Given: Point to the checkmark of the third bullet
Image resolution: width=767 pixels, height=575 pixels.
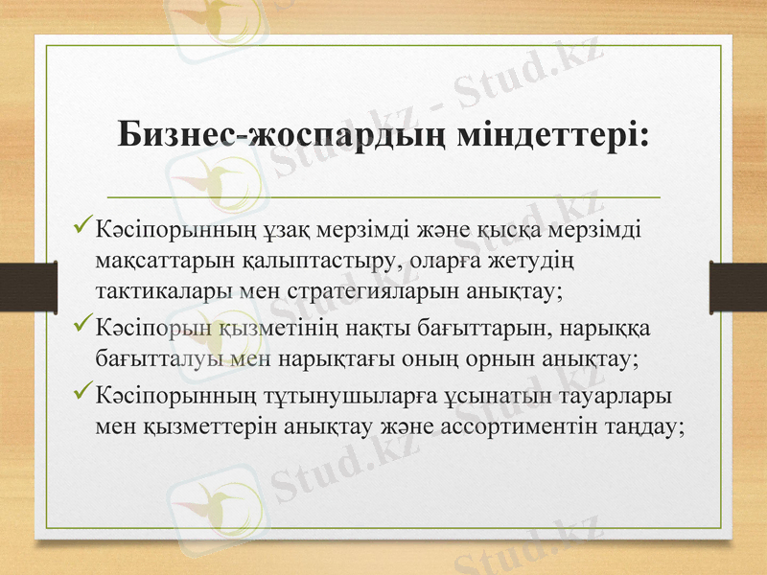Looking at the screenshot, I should coord(82,395).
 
